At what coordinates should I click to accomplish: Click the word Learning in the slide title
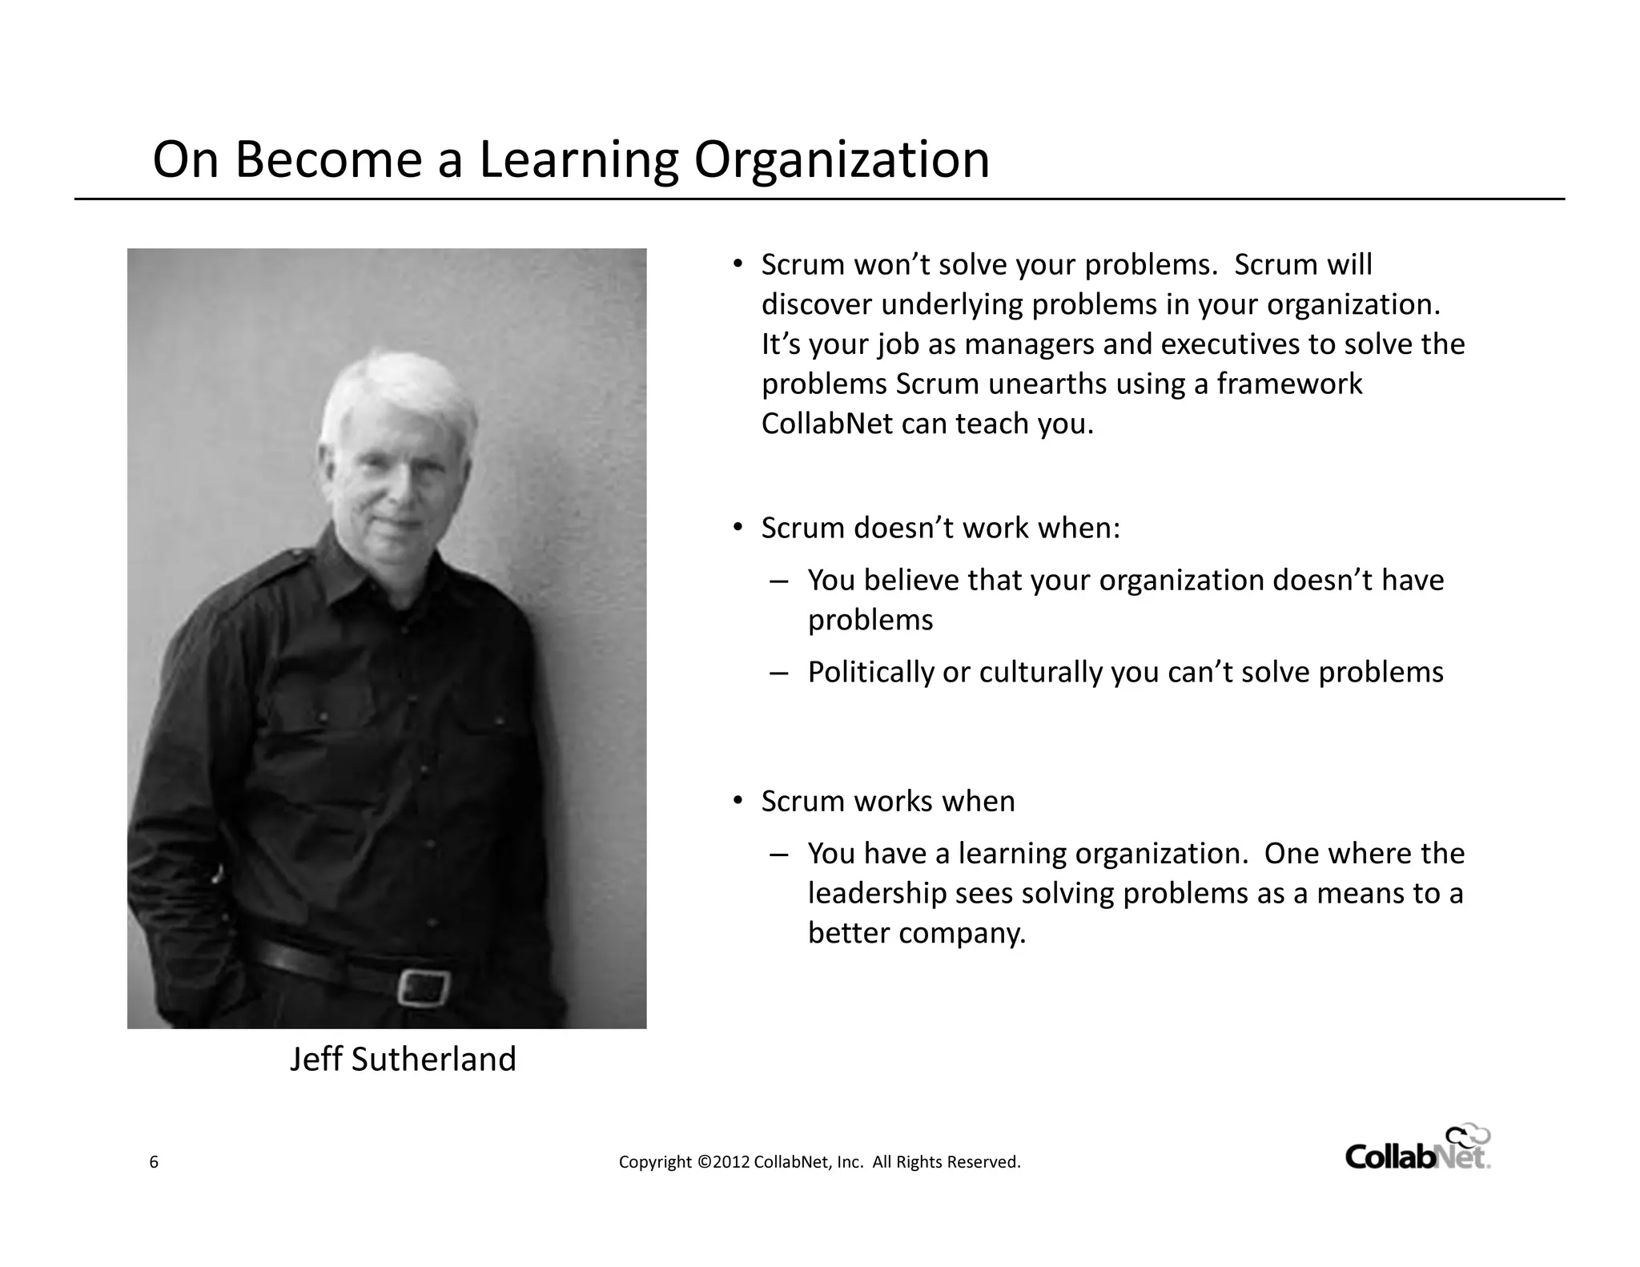578,160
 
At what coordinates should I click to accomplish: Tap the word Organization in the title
842,160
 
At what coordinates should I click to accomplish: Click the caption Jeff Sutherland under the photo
403,1059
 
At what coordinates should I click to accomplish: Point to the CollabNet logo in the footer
1417,1151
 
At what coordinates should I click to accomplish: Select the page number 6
154,1162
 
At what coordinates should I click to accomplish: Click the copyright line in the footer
819,1162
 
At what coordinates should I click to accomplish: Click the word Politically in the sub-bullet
870,672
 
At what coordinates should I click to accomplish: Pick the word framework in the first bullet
1289,384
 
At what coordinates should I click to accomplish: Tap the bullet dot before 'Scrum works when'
738,800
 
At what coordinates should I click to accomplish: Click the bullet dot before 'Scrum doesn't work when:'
738,527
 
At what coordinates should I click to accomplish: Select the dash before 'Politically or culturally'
778,673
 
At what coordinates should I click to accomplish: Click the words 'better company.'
916,933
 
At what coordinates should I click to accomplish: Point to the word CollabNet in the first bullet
826,424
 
